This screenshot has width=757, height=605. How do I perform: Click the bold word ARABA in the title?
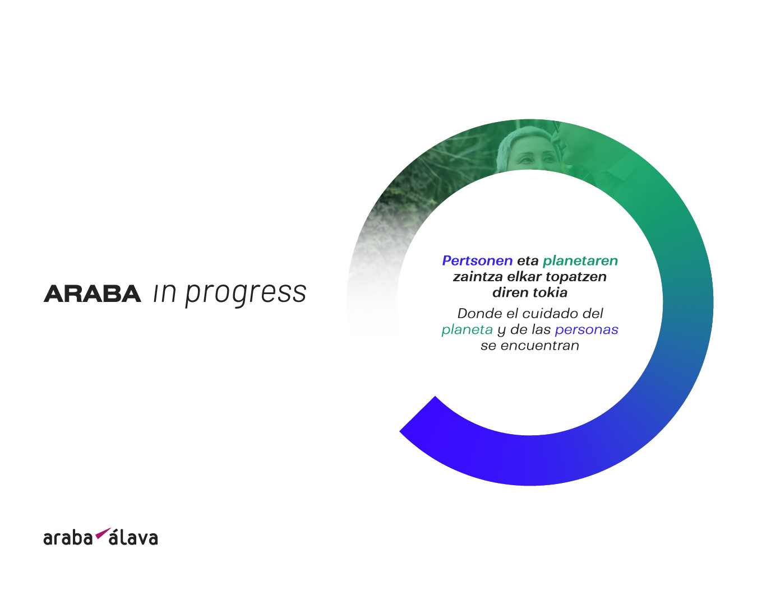pos(93,294)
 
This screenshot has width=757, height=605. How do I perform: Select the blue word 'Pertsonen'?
pos(477,261)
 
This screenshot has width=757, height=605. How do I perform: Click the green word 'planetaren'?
pos(580,261)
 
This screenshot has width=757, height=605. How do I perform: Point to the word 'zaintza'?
pos(477,277)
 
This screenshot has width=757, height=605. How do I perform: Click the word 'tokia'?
pos(550,292)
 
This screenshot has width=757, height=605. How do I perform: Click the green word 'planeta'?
pos(467,330)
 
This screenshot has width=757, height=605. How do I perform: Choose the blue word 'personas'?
pos(587,330)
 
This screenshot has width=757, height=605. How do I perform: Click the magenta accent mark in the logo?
pos(103,533)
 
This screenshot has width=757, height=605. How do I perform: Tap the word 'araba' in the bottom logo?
pos(68,538)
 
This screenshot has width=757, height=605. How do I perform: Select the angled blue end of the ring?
pos(418,413)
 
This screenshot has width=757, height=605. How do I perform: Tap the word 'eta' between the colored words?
pos(528,261)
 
